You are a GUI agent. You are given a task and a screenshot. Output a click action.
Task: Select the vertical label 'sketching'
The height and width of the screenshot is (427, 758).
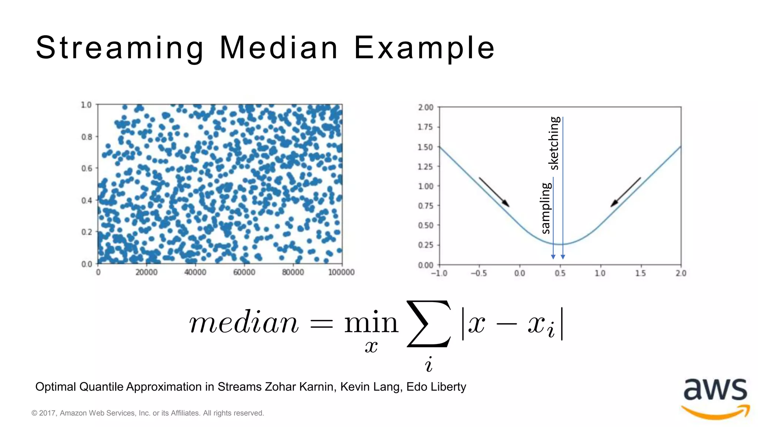(554, 143)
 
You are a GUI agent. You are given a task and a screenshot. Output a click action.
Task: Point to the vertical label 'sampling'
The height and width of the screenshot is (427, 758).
(546, 208)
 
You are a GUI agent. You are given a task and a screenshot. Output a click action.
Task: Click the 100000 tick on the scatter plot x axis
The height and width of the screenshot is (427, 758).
(341, 272)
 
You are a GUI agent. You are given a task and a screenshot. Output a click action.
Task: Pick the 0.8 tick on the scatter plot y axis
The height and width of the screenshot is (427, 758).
(87, 137)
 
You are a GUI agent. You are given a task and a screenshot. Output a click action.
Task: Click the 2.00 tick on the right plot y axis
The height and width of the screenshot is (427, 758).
(426, 107)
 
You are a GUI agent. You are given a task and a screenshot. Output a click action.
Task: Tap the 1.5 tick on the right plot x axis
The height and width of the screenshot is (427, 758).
(640, 274)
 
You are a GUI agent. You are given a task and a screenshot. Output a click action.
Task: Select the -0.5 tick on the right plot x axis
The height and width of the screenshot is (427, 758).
(478, 274)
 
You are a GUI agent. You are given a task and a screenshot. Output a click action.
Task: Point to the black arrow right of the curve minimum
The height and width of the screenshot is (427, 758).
(625, 192)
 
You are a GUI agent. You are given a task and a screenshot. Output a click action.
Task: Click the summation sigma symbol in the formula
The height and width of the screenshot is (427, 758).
(429, 324)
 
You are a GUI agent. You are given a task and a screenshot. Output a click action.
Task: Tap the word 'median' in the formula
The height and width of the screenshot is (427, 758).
(244, 323)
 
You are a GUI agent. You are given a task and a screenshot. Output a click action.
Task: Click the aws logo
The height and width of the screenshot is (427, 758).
(715, 398)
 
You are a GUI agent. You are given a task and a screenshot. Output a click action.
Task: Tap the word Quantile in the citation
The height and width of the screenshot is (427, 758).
(101, 387)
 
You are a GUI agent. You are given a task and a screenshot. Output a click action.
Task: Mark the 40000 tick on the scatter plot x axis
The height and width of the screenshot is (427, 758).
(195, 272)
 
